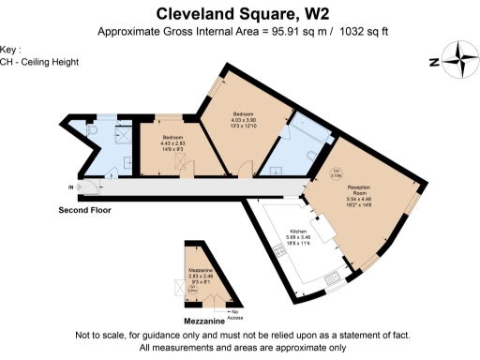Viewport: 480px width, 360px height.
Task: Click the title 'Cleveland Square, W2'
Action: coord(240,13)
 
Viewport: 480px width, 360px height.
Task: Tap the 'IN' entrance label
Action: coord(70,187)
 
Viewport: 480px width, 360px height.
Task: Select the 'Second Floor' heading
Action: coord(84,211)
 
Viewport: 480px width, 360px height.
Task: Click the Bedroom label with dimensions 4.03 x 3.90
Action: coord(244,123)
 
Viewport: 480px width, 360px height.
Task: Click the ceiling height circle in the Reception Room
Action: coord(337,172)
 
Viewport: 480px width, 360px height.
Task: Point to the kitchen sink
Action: coord(332,279)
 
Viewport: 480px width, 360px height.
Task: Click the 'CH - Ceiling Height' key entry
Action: coord(26,62)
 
